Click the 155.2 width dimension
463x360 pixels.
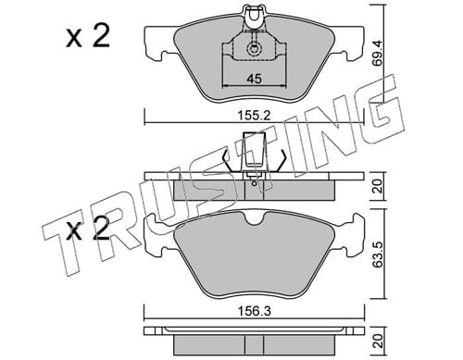tap(254, 116)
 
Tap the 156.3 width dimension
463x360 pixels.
tap(254, 311)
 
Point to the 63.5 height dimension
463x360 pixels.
tap(379, 254)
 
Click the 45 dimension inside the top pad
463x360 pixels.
tap(254, 79)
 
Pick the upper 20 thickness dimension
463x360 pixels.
tap(379, 186)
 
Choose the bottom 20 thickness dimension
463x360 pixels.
tap(379, 341)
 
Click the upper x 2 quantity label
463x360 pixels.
tap(88, 36)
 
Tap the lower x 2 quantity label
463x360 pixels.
tap(88, 229)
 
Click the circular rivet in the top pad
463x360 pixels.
tap(254, 49)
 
